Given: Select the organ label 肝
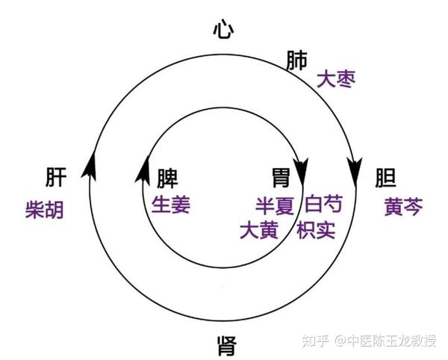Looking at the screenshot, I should [55, 179].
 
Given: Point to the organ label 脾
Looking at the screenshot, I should [169, 178].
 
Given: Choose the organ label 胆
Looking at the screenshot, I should [385, 179].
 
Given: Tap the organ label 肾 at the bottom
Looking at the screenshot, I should [225, 346].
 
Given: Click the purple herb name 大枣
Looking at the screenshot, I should [333, 79].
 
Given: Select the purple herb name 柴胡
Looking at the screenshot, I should [44, 209].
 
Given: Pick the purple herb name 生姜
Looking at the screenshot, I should [171, 205].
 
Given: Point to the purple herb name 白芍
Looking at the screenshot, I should [324, 205].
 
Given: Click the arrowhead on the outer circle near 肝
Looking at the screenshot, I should [92, 162].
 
